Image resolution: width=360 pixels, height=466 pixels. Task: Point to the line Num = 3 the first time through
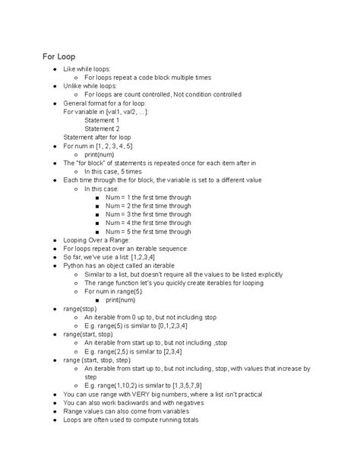(x=148, y=214)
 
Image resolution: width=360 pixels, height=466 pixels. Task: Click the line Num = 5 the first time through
(x=148, y=231)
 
